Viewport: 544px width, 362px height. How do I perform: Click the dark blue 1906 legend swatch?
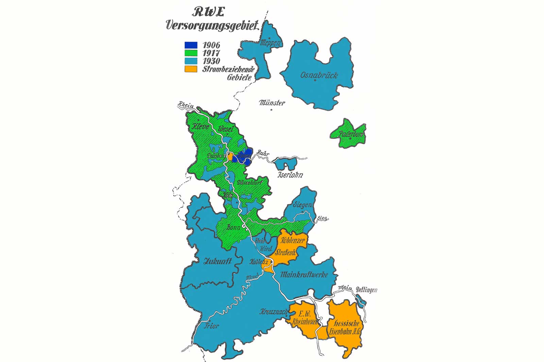click(191, 45)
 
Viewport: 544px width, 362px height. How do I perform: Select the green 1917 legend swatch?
click(191, 53)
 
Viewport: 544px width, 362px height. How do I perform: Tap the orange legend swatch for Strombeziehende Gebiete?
click(191, 69)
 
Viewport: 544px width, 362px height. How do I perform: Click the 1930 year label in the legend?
click(211, 61)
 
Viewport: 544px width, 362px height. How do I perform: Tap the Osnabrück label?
click(319, 75)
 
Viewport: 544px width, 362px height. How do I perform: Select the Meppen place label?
click(270, 43)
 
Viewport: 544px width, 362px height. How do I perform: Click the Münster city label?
click(272, 103)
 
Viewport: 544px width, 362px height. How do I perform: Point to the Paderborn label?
click(351, 134)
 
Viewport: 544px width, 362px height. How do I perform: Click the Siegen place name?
click(303, 205)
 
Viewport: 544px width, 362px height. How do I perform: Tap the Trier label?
click(211, 326)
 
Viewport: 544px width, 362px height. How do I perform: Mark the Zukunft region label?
click(218, 261)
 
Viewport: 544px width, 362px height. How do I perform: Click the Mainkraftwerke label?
click(304, 274)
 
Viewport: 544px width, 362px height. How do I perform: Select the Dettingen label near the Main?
click(367, 290)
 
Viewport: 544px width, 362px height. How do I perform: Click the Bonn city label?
click(233, 228)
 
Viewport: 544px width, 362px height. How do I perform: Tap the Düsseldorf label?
click(250, 183)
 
